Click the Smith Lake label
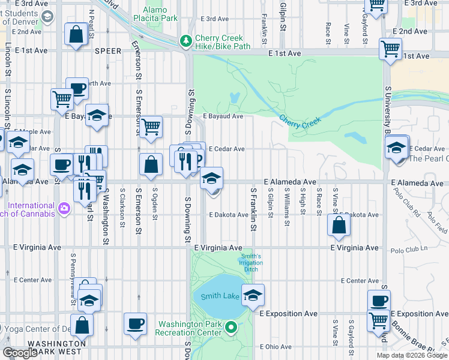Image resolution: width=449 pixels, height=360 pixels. [220, 296]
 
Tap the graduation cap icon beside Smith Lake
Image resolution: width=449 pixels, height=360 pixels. [254, 295]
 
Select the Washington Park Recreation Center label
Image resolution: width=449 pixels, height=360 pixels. [190, 328]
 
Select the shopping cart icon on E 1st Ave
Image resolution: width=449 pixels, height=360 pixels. [391, 48]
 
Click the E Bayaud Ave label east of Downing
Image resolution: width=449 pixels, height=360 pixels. [223, 116]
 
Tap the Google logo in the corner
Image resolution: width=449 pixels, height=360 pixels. [19, 353]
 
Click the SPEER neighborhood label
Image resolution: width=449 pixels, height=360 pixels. [109, 52]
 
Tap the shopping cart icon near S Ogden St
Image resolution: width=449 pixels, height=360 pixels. [151, 127]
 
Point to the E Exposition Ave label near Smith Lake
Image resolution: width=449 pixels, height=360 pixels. [288, 314]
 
